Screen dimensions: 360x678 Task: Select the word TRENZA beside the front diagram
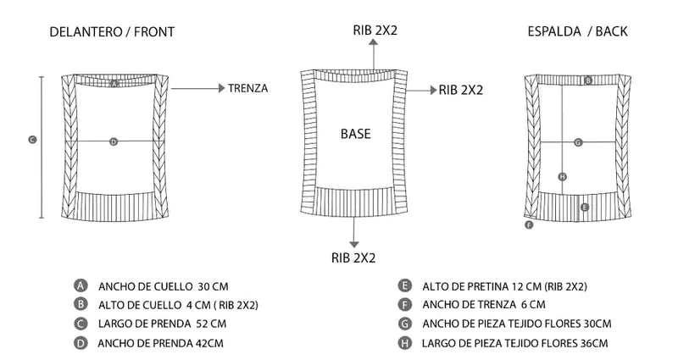(x=248, y=88)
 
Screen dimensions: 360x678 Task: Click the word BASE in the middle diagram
(x=355, y=134)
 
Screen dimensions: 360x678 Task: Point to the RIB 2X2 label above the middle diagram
(x=375, y=30)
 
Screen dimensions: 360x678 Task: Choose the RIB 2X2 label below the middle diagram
(x=353, y=256)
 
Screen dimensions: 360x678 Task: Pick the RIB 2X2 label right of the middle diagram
(x=461, y=90)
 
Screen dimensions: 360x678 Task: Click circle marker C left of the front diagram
(x=32, y=140)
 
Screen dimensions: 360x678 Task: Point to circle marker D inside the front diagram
(x=114, y=141)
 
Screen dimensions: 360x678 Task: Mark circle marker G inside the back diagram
(x=577, y=142)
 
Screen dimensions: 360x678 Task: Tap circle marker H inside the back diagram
(x=562, y=176)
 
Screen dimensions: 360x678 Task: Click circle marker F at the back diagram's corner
(x=529, y=225)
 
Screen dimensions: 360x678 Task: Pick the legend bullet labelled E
(x=405, y=286)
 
